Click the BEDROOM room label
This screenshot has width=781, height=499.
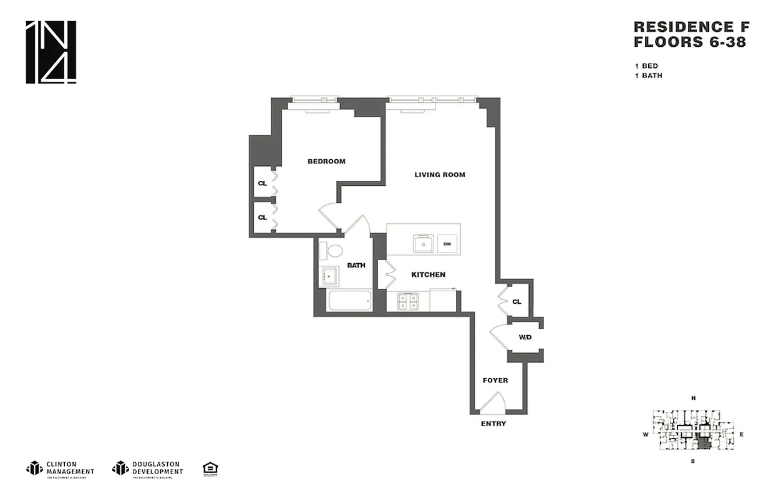[x=326, y=162]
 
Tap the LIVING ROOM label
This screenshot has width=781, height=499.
[x=440, y=175]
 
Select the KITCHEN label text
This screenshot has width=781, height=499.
[x=428, y=274]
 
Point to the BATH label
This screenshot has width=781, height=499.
[x=356, y=265]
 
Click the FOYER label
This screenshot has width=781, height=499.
[x=495, y=380]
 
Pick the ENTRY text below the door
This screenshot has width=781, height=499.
[x=493, y=424]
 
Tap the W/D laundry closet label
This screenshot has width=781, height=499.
[x=525, y=337]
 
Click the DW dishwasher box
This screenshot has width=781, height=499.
[x=447, y=243]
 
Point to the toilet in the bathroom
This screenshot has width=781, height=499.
[x=332, y=251]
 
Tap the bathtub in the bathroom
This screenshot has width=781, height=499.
[x=349, y=301]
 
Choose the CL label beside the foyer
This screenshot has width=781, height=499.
[x=517, y=302]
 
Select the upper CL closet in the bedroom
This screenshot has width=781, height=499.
[x=263, y=183]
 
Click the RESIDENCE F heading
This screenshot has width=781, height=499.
[x=691, y=27]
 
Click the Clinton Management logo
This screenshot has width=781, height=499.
[x=61, y=468]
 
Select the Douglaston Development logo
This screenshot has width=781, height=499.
[x=148, y=468]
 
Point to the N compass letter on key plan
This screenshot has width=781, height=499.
[x=693, y=398]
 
